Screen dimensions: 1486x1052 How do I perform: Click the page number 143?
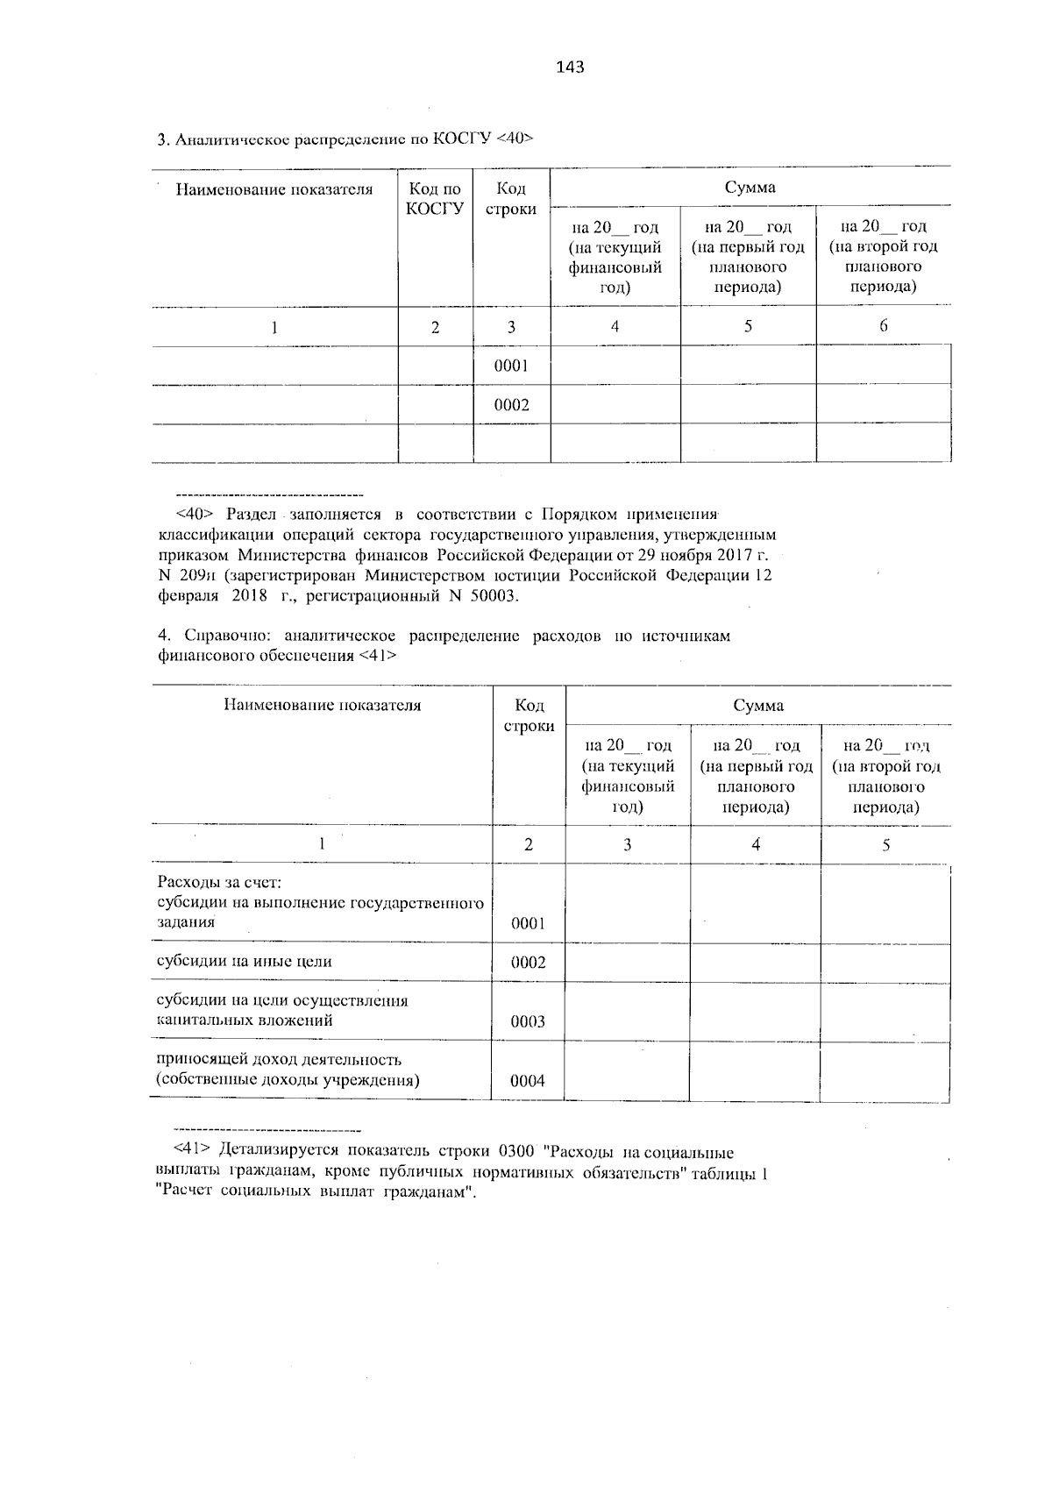pyautogui.click(x=570, y=67)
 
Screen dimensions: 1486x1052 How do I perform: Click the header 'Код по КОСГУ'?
pyautogui.click(x=435, y=198)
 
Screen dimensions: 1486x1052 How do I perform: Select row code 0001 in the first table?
pyautogui.click(x=511, y=366)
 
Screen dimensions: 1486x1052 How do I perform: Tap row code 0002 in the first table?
pyautogui.click(x=511, y=405)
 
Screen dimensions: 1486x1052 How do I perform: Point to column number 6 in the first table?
pyautogui.click(x=883, y=326)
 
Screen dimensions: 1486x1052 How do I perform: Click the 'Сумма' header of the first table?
pyautogui.click(x=750, y=188)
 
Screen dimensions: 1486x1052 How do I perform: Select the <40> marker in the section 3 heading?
pyautogui.click(x=515, y=139)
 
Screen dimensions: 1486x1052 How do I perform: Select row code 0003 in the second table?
pyautogui.click(x=528, y=1021)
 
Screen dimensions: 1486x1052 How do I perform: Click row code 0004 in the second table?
pyautogui.click(x=528, y=1081)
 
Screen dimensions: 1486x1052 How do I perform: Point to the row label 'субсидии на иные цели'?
pyautogui.click(x=244, y=961)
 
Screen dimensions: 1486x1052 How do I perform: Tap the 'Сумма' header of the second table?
pyautogui.click(x=758, y=706)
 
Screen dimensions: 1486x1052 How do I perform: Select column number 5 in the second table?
pyautogui.click(x=885, y=845)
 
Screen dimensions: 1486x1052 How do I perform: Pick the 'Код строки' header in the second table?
pyautogui.click(x=529, y=716)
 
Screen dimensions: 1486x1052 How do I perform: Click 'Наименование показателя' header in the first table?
pyautogui.click(x=274, y=189)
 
